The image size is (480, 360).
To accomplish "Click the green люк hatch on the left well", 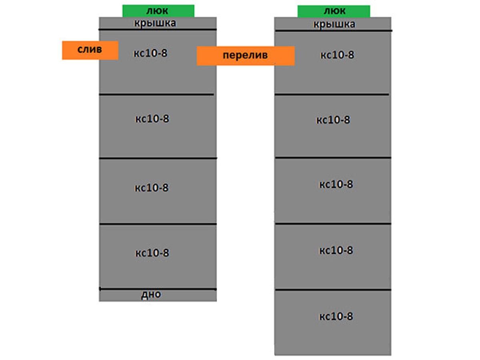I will [x=158, y=11].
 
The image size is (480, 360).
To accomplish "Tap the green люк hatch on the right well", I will [x=334, y=11].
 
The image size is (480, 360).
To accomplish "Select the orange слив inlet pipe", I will [x=90, y=50].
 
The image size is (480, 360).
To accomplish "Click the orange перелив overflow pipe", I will [x=245, y=56].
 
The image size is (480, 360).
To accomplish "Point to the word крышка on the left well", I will [x=155, y=23].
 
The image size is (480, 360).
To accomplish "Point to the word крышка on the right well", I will [x=334, y=24].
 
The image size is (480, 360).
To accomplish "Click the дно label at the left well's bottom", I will [x=151, y=295].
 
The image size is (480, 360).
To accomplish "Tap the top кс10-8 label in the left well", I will [x=150, y=54].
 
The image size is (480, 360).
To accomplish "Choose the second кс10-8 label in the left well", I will [x=152, y=119].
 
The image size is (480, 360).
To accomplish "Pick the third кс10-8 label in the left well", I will [x=152, y=188].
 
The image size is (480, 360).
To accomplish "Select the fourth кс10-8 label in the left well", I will [x=152, y=253].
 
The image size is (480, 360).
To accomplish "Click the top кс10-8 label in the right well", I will [x=337, y=55].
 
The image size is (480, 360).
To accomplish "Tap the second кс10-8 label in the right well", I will [x=333, y=120].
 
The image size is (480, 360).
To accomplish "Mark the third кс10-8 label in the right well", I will [x=336, y=184].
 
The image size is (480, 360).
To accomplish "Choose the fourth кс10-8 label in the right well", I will [x=336, y=250].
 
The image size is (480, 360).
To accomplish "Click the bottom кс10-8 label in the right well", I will [x=336, y=316].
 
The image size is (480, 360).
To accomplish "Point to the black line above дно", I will [x=158, y=288].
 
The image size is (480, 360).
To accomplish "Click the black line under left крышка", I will [x=158, y=29].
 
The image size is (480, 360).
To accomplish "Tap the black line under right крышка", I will [x=333, y=30].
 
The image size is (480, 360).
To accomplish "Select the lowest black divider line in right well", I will [x=333, y=290].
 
